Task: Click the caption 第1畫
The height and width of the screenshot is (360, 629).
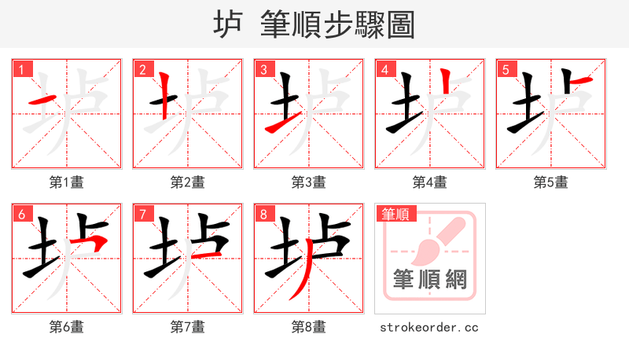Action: pyautogui.click(x=66, y=182)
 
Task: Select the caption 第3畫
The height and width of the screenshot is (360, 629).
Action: pyautogui.click(x=308, y=182)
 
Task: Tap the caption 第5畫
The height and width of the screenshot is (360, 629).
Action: pyautogui.click(x=550, y=182)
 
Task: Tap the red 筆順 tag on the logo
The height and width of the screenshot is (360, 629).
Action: pyautogui.click(x=396, y=213)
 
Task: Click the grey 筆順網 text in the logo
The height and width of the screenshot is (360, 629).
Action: pyautogui.click(x=429, y=280)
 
